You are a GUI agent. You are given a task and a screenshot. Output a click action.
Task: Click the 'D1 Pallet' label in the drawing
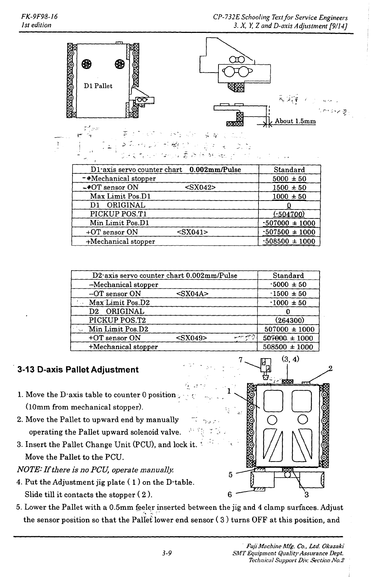point(98,86)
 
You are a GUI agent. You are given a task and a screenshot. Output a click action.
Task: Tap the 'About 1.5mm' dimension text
point(295,121)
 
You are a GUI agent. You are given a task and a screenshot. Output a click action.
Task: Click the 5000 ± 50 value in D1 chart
point(289,178)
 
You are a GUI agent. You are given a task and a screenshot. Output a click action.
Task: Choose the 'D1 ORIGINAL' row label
point(117,205)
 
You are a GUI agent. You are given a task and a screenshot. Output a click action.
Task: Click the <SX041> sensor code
point(192,232)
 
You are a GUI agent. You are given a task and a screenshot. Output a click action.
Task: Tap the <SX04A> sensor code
point(192,294)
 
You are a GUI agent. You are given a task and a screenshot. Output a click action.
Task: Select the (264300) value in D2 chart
point(288,320)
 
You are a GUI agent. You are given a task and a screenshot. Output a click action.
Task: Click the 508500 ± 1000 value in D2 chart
point(288,347)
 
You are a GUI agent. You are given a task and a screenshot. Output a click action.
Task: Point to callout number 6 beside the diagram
point(230,494)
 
